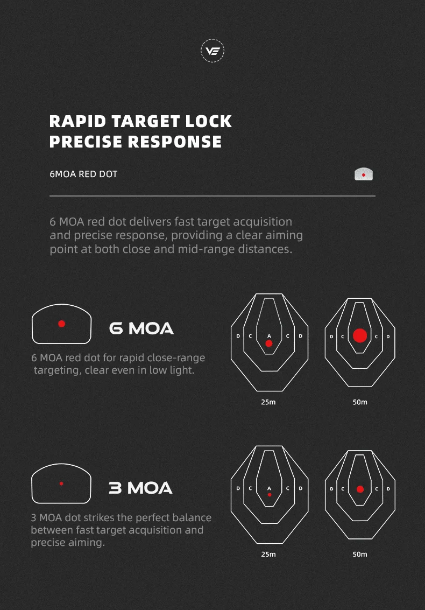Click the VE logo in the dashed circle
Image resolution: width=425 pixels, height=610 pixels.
click(x=212, y=51)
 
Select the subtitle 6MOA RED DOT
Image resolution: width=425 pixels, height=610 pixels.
click(x=83, y=174)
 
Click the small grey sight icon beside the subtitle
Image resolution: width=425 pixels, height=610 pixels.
click(x=364, y=174)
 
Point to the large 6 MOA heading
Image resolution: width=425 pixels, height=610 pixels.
click(x=141, y=329)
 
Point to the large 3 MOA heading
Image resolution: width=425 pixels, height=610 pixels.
click(x=140, y=488)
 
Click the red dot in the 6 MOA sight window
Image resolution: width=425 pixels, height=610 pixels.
click(x=61, y=324)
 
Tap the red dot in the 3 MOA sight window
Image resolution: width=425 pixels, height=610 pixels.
click(x=61, y=483)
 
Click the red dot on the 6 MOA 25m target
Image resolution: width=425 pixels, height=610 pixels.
click(x=268, y=343)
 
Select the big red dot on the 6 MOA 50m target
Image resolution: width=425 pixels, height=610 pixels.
click(x=360, y=335)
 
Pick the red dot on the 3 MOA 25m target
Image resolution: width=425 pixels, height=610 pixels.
click(x=270, y=495)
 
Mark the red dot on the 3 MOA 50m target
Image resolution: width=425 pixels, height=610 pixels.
click(x=360, y=489)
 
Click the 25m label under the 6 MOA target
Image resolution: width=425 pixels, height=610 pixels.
click(x=268, y=402)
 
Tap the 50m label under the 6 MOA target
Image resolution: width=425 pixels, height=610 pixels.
click(x=360, y=402)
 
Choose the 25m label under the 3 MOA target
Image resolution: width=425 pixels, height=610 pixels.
click(x=268, y=555)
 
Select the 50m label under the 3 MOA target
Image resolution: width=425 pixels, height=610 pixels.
click(x=360, y=555)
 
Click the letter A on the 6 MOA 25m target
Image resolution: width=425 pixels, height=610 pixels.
click(x=269, y=336)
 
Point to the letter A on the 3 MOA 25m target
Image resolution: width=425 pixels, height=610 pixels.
click(x=269, y=488)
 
